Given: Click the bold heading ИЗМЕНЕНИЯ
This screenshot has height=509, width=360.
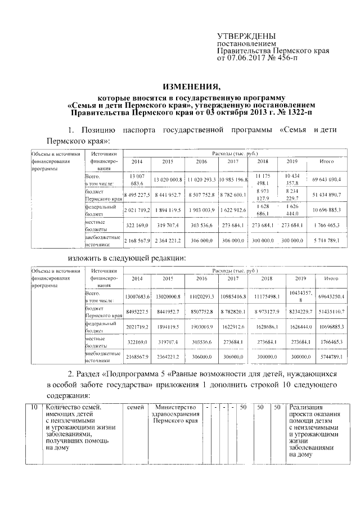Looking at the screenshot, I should coord(192,87).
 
